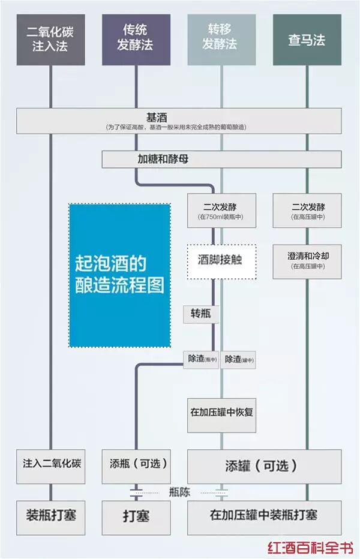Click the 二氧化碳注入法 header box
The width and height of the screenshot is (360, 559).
pos(50,40)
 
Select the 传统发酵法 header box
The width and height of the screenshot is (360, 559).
pos(136,40)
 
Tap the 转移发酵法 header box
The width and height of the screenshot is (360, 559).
pos(222,40)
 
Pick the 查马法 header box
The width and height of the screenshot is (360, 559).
pos(307,40)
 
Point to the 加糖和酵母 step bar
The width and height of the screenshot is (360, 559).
pos(221,160)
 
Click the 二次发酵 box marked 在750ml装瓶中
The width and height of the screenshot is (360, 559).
pos(221,210)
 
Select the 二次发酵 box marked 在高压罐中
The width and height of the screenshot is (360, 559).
pos(307,210)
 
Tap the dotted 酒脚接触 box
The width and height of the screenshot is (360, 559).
pos(221,261)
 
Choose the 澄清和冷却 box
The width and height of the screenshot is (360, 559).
pos(307,261)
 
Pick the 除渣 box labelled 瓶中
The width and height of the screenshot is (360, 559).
pos(201,359)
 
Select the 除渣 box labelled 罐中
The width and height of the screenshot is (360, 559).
pos(239,360)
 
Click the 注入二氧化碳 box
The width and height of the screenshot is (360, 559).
pos(50,465)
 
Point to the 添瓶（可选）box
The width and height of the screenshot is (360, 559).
pos(136,465)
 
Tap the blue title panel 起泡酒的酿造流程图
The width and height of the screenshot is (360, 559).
pos(119,275)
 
